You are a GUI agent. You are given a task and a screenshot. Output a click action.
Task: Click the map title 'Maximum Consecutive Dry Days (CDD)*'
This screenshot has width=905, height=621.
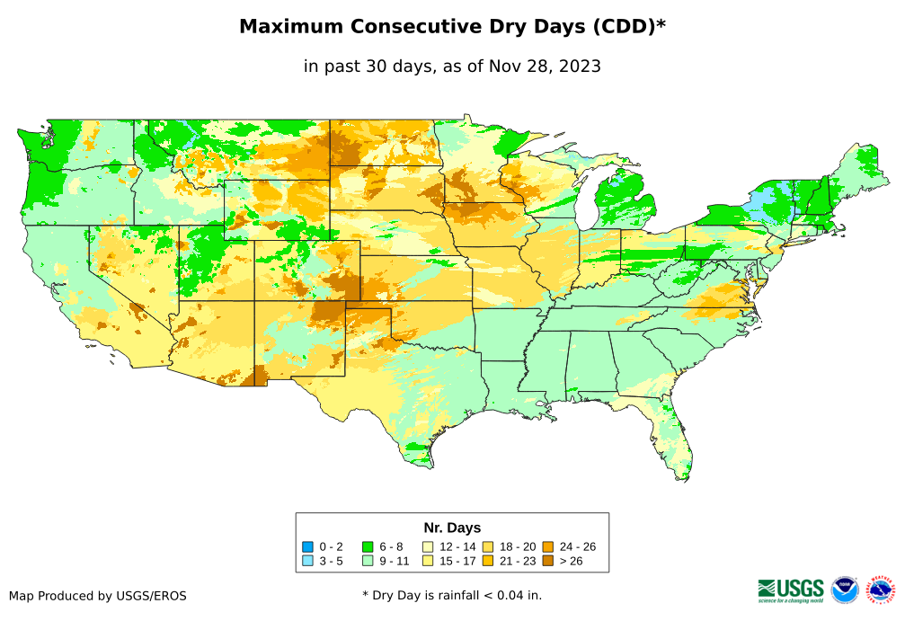click(452, 27)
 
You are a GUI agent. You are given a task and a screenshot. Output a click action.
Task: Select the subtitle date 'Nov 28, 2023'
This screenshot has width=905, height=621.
click(548, 67)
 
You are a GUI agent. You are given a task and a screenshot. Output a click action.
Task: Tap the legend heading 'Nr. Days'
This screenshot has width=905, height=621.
click(452, 528)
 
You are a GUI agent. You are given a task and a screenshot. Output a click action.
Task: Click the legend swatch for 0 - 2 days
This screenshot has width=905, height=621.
click(308, 546)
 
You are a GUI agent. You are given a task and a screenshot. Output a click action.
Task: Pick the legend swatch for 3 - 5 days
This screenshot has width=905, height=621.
click(308, 562)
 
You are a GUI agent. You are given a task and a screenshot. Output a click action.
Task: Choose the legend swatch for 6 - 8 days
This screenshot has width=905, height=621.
click(368, 546)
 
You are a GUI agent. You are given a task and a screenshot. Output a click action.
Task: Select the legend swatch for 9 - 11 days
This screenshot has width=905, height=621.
click(368, 562)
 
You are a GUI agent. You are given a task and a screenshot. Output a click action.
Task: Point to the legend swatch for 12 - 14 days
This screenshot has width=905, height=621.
click(429, 546)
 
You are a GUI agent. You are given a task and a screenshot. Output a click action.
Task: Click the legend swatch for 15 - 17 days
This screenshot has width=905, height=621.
click(429, 562)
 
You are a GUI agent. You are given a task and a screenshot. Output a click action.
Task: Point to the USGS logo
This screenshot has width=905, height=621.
click(791, 590)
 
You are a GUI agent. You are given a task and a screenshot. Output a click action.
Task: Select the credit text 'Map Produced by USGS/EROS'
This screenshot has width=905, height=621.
click(98, 596)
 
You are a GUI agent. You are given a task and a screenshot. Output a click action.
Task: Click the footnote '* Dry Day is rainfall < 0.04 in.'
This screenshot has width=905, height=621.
click(452, 595)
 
